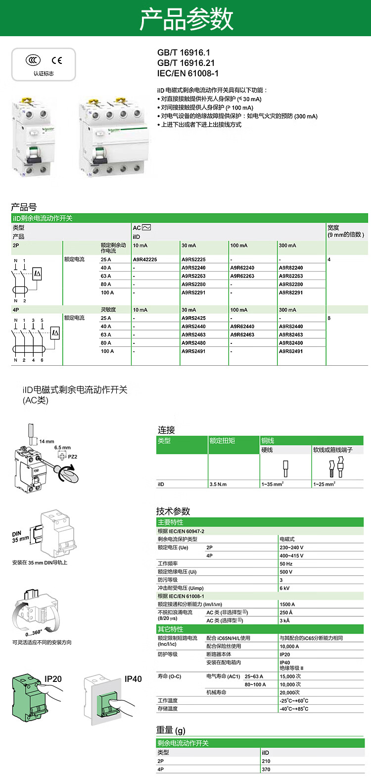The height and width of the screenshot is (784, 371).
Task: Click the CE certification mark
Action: [x=57, y=60]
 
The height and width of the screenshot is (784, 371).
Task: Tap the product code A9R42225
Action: [x=144, y=259]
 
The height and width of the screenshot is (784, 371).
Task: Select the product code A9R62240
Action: [x=242, y=268]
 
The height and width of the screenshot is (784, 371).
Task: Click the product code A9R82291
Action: [x=291, y=292]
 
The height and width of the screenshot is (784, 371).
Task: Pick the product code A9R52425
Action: [x=193, y=318]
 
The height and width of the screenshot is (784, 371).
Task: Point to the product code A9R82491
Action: [x=291, y=351]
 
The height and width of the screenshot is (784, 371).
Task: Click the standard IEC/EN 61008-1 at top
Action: [x=187, y=73]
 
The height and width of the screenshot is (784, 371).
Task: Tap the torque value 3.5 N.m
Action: [x=218, y=484]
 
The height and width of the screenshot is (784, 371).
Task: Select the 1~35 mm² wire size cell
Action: [x=272, y=484]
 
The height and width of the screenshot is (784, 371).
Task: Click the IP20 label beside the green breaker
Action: [x=53, y=679]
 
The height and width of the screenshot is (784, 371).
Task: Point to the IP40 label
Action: [x=133, y=679]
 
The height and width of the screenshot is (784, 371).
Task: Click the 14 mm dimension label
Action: [x=46, y=441]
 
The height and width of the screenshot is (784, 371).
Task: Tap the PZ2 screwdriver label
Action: [x=72, y=456]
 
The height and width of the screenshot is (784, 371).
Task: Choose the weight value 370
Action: [x=266, y=769]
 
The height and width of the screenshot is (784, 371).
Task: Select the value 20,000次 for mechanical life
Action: [x=290, y=692]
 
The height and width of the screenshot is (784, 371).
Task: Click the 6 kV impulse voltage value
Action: [x=284, y=588]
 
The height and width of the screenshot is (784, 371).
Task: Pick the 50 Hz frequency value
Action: [x=286, y=563]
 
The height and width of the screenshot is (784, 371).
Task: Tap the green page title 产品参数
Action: [x=186, y=19]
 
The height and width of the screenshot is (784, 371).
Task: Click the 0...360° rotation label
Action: [x=34, y=633]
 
